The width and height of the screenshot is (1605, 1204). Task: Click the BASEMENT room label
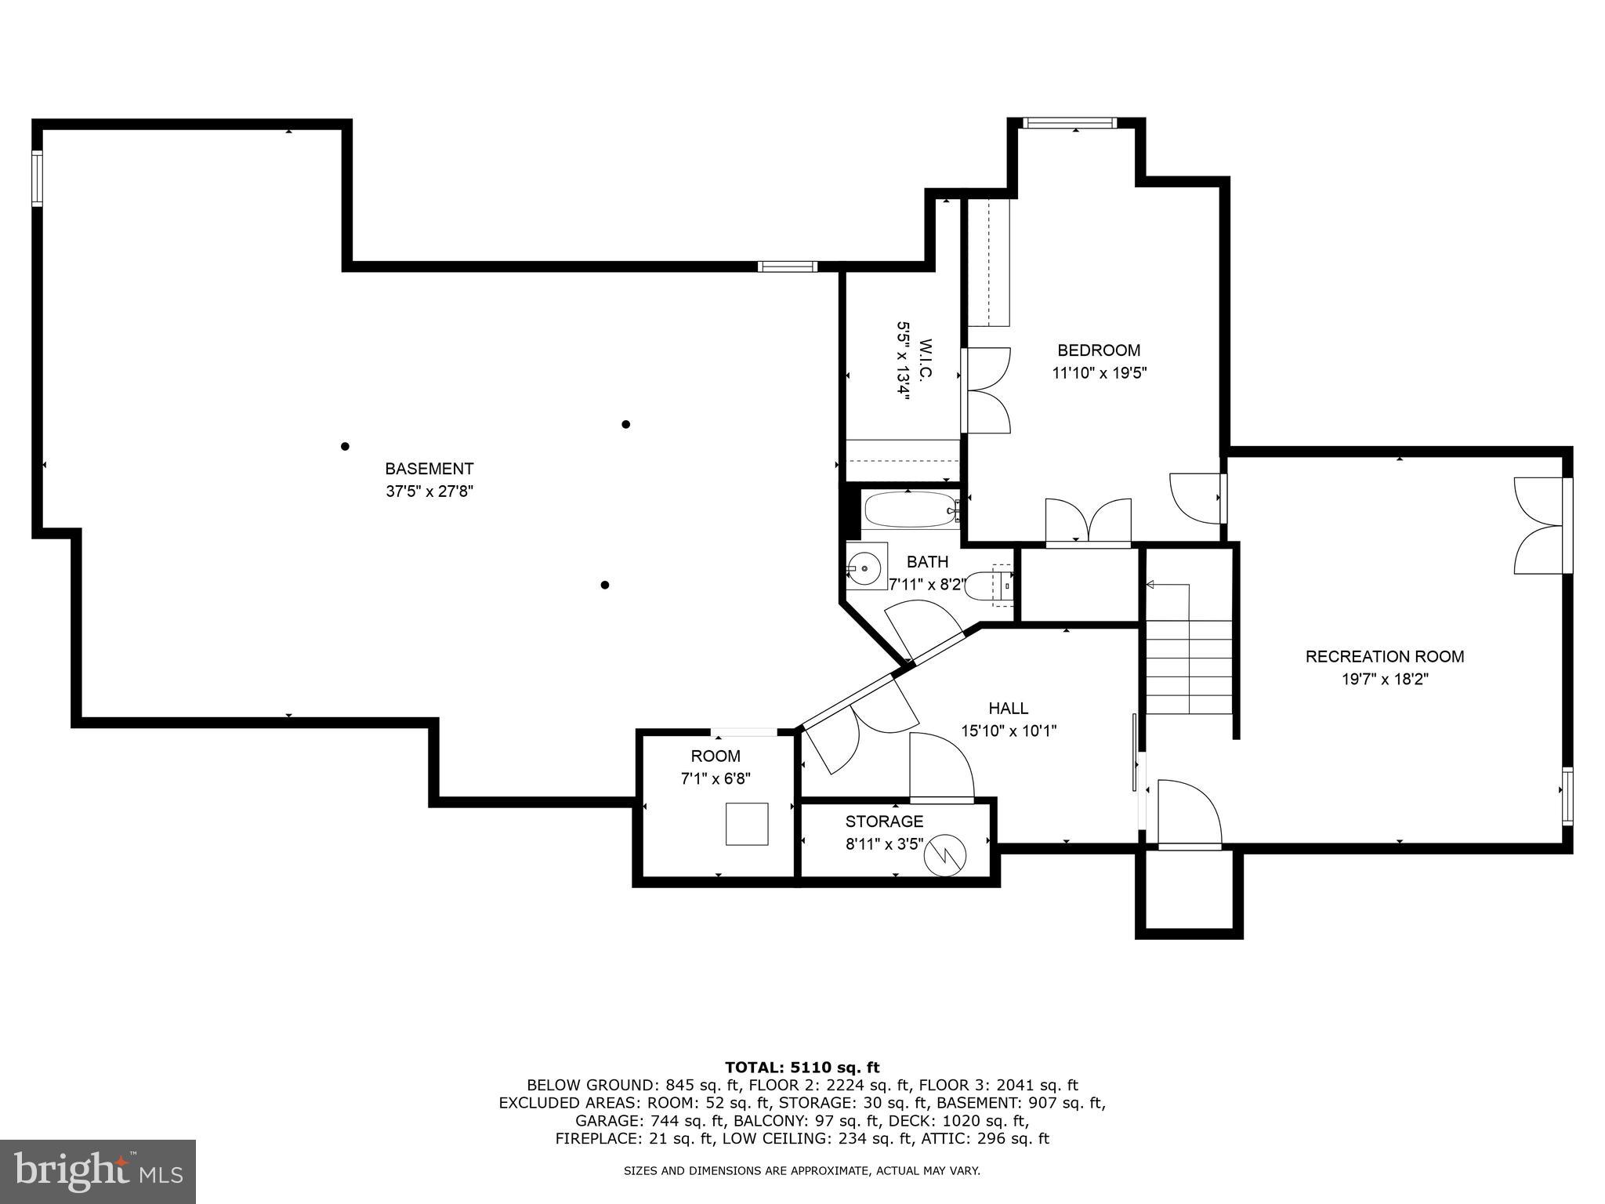click(429, 469)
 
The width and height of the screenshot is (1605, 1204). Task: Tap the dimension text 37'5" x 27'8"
click(429, 491)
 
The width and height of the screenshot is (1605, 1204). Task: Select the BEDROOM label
click(1099, 350)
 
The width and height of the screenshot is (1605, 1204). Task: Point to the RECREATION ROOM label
click(1384, 657)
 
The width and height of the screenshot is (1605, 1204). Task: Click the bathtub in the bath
click(909, 511)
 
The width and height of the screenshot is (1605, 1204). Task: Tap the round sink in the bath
click(867, 564)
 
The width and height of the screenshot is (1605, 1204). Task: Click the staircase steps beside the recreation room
click(1189, 666)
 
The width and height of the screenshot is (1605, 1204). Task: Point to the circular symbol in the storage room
click(945, 857)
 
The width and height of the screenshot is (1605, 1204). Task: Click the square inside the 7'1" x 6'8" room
click(746, 824)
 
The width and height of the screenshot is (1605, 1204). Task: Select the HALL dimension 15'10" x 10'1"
click(1009, 731)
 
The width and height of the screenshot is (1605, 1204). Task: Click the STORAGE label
click(884, 821)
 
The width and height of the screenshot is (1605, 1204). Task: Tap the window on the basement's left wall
click(37, 179)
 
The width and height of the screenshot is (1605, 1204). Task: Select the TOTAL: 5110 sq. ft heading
click(802, 1067)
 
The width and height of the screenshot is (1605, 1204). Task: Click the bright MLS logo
click(98, 1171)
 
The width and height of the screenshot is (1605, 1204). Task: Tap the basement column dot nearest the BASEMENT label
click(345, 447)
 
